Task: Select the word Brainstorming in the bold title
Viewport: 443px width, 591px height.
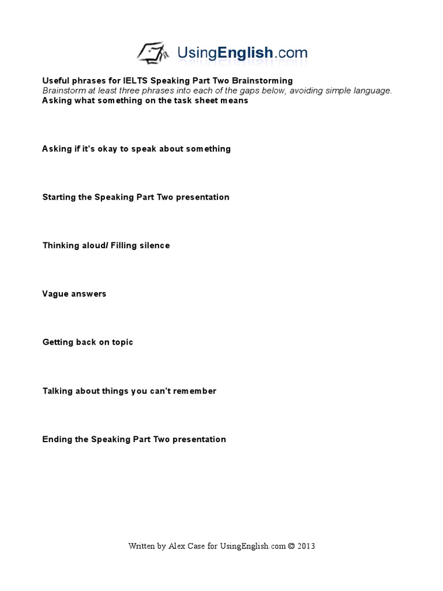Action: coord(259,81)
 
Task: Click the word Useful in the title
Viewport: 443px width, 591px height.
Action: coord(55,81)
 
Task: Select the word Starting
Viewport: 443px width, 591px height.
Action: coord(59,197)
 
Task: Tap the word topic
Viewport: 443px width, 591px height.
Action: coord(122,342)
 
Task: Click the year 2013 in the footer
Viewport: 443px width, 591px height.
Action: coord(306,546)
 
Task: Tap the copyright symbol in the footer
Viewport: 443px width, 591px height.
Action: coord(291,546)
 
